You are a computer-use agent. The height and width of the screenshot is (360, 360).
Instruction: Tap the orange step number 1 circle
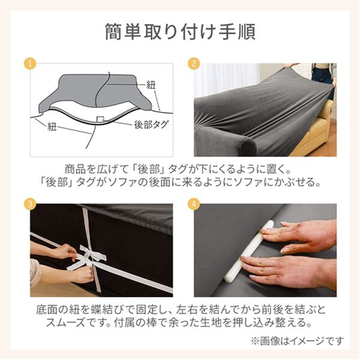pos(27,63)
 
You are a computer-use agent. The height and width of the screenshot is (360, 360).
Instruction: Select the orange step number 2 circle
pos(193,63)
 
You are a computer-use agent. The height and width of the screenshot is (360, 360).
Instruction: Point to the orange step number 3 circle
pos(27,203)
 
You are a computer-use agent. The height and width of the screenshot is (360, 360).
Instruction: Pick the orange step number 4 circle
pos(193,203)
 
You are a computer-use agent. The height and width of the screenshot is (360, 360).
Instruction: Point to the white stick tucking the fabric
pos(252,252)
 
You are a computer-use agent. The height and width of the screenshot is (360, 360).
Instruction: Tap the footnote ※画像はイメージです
pos(298,340)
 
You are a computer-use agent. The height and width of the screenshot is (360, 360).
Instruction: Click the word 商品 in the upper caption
pos(74,169)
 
